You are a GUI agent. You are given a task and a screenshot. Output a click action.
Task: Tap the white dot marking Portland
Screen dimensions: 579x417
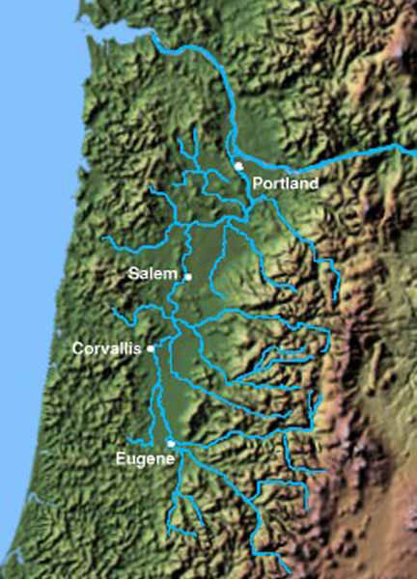click(x=238, y=167)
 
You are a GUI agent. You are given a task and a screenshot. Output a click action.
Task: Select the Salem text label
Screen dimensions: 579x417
click(x=153, y=274)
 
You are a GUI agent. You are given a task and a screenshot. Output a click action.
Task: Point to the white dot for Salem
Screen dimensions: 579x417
click(x=188, y=277)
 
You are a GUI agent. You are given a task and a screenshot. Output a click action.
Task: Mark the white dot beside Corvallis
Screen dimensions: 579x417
click(x=151, y=348)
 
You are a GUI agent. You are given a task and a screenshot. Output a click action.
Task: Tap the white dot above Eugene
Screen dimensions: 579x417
click(x=171, y=443)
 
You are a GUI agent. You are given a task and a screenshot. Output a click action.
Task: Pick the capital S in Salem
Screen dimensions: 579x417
click(x=133, y=274)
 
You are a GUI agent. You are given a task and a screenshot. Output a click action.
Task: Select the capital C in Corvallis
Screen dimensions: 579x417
click(x=77, y=347)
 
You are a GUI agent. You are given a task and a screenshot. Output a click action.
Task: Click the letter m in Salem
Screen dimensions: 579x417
click(x=172, y=275)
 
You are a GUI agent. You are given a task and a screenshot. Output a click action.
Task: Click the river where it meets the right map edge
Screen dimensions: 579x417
click(x=413, y=146)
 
